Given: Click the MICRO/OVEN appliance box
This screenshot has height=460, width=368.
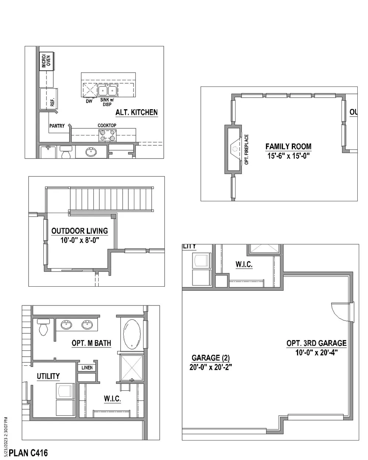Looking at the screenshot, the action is pyautogui.click(x=46, y=61).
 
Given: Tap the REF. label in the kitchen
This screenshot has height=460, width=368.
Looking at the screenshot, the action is pyautogui.click(x=52, y=102).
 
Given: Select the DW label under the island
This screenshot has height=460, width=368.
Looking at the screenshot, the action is pyautogui.click(x=89, y=101).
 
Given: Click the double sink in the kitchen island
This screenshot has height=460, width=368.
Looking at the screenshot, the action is pyautogui.click(x=107, y=91).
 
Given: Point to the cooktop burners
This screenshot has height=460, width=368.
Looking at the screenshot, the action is pyautogui.click(x=107, y=135).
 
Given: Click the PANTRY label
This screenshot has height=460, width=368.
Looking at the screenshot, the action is pyautogui.click(x=57, y=126).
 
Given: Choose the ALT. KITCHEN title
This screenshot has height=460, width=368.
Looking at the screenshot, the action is pyautogui.click(x=137, y=113).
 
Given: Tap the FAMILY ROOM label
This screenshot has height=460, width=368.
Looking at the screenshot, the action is pyautogui.click(x=288, y=146).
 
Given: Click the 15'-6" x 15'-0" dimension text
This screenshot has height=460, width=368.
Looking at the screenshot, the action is pyautogui.click(x=289, y=156).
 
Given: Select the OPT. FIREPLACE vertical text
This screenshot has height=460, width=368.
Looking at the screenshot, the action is pyautogui.click(x=246, y=149).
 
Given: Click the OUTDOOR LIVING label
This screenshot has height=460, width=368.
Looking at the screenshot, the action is pyautogui.click(x=79, y=231).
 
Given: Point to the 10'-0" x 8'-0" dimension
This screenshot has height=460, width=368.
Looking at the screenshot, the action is pyautogui.click(x=80, y=240).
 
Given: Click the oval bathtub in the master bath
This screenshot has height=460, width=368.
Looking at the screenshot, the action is pyautogui.click(x=132, y=334).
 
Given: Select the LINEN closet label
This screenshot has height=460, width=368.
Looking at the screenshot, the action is pyautogui.click(x=87, y=367).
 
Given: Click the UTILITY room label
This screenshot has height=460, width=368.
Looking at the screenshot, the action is pyautogui.click(x=48, y=376).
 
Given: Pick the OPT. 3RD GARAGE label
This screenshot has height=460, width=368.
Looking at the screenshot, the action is pyautogui.click(x=316, y=343).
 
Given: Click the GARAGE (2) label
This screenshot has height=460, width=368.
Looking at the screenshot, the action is pyautogui.click(x=210, y=358).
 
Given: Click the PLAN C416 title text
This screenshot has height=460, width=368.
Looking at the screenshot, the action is pyautogui.click(x=28, y=453).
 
